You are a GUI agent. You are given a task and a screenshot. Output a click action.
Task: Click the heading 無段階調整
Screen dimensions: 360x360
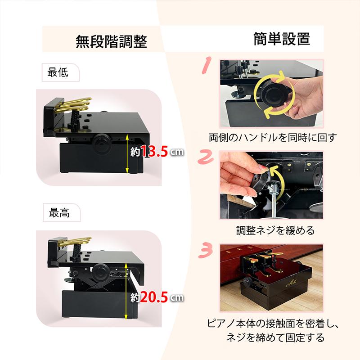tap(111, 41)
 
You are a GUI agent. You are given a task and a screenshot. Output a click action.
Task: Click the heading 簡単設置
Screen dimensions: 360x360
tap(282, 39)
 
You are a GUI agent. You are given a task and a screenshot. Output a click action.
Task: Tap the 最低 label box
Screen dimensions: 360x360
tap(61, 72)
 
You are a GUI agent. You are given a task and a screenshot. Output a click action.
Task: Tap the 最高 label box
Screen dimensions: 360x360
tap(62, 212)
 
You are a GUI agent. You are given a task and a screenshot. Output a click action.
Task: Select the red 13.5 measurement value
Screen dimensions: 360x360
tap(154, 151)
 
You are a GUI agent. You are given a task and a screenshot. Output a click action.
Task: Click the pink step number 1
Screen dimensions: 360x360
tap(207, 65)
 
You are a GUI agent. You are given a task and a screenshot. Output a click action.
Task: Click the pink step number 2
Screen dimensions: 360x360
tap(206, 157)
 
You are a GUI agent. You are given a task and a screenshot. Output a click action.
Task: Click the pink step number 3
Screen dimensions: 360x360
tap(206, 250)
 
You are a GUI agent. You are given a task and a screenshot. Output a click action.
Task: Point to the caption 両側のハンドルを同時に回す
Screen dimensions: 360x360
tap(273, 138)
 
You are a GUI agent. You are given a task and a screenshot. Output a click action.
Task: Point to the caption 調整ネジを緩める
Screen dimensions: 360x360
tap(275, 230)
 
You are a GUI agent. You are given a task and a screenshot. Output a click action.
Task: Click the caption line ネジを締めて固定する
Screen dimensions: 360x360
tap(275, 337)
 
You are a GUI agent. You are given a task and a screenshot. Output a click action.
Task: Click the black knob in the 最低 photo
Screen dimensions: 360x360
tap(100, 143)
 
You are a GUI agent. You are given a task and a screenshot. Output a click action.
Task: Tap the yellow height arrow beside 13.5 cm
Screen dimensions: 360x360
tap(127, 154)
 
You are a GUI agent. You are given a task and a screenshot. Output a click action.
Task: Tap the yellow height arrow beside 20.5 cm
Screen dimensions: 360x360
tap(126, 291)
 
